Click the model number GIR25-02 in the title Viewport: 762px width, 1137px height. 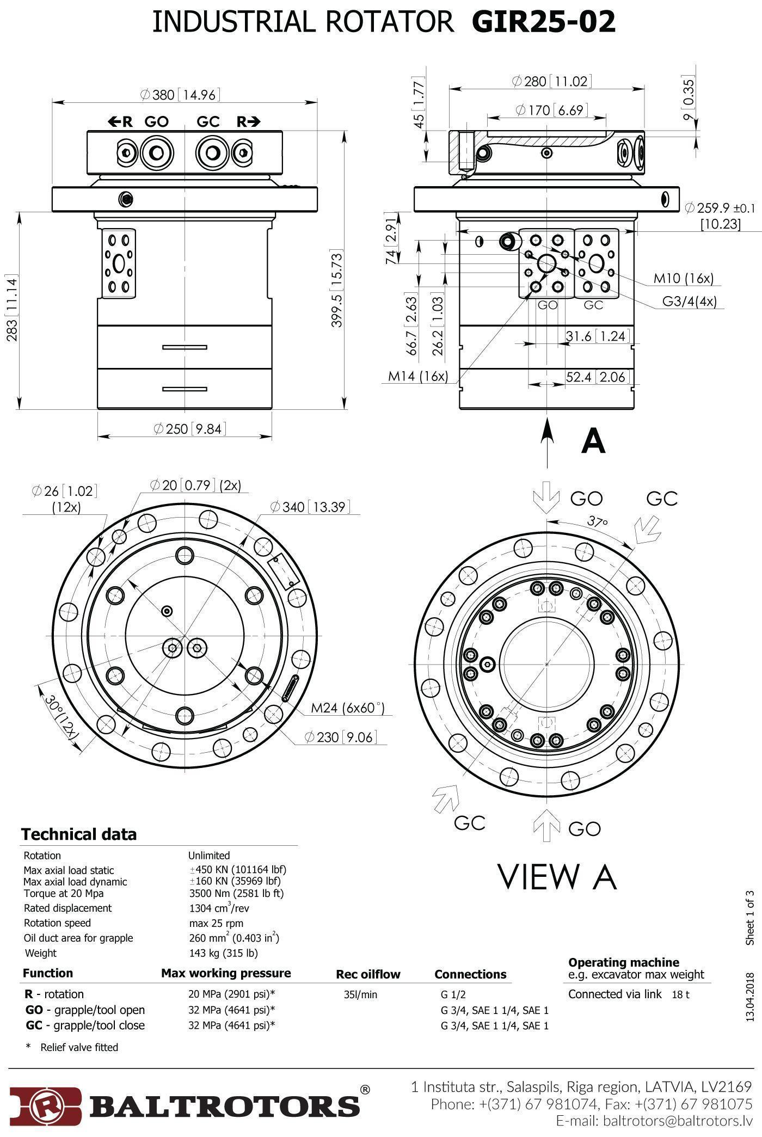pos(543,22)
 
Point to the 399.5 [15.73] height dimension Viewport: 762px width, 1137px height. pos(337,289)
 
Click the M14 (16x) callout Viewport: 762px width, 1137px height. pos(418,376)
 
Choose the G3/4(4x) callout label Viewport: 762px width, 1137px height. pos(689,301)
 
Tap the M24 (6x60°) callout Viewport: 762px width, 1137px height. pos(347,708)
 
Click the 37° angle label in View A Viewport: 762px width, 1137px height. pos(597,521)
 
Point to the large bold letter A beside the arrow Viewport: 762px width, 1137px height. pos(593,441)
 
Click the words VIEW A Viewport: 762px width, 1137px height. pos(557,877)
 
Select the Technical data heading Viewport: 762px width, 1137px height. pos(79,834)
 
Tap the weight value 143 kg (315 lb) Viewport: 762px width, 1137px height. pos(223,953)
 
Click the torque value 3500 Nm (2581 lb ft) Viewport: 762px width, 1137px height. pos(236,893)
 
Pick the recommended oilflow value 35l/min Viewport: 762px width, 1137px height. pos(360,995)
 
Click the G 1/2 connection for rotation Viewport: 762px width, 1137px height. pos(453,995)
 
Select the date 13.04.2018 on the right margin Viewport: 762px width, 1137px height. pos(750,997)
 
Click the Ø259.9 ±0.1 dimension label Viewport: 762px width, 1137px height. pos(720,208)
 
